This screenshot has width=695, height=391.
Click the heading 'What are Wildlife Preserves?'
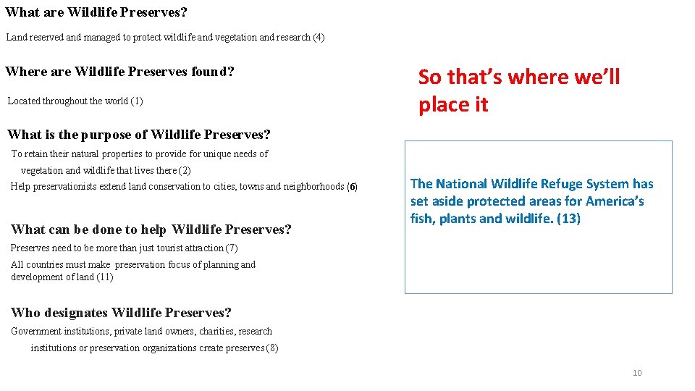(96, 12)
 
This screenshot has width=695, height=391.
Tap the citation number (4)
(319, 37)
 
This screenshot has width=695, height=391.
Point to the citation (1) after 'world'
(137, 101)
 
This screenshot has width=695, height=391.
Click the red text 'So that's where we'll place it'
(518, 91)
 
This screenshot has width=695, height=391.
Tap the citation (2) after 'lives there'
(185, 170)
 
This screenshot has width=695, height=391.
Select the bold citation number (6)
(352, 187)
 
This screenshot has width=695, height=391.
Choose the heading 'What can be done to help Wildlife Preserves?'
(151, 230)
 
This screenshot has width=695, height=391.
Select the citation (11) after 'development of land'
(104, 277)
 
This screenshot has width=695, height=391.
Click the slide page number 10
(637, 373)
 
